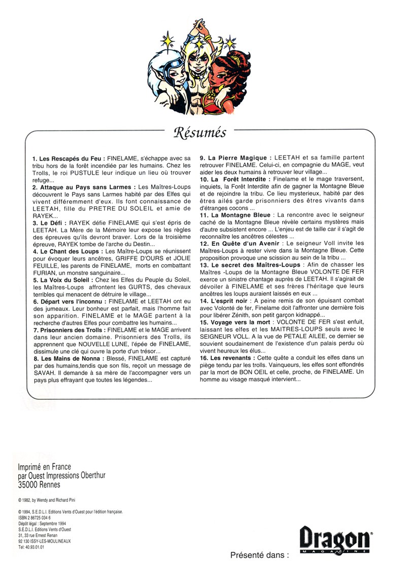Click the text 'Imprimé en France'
[x=44, y=467]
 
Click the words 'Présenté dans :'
[x=259, y=555]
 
